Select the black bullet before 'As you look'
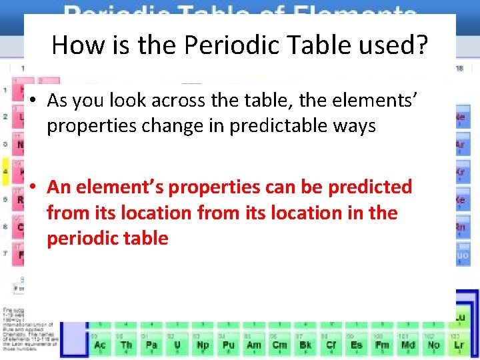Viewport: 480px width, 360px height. click(32, 101)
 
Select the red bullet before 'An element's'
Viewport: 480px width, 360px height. click(32, 188)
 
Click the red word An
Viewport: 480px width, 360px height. click(59, 187)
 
